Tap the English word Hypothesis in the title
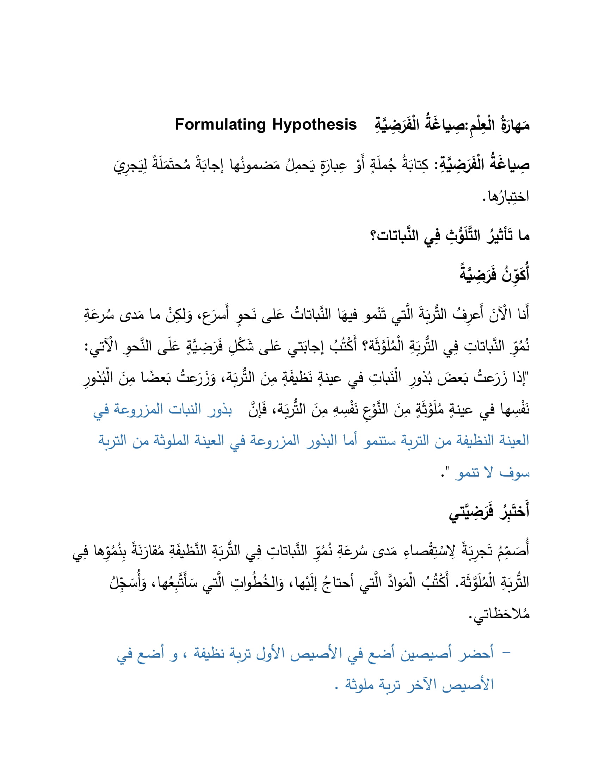[x=314, y=125]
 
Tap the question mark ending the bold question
[x=373, y=236]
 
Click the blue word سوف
[x=514, y=473]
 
